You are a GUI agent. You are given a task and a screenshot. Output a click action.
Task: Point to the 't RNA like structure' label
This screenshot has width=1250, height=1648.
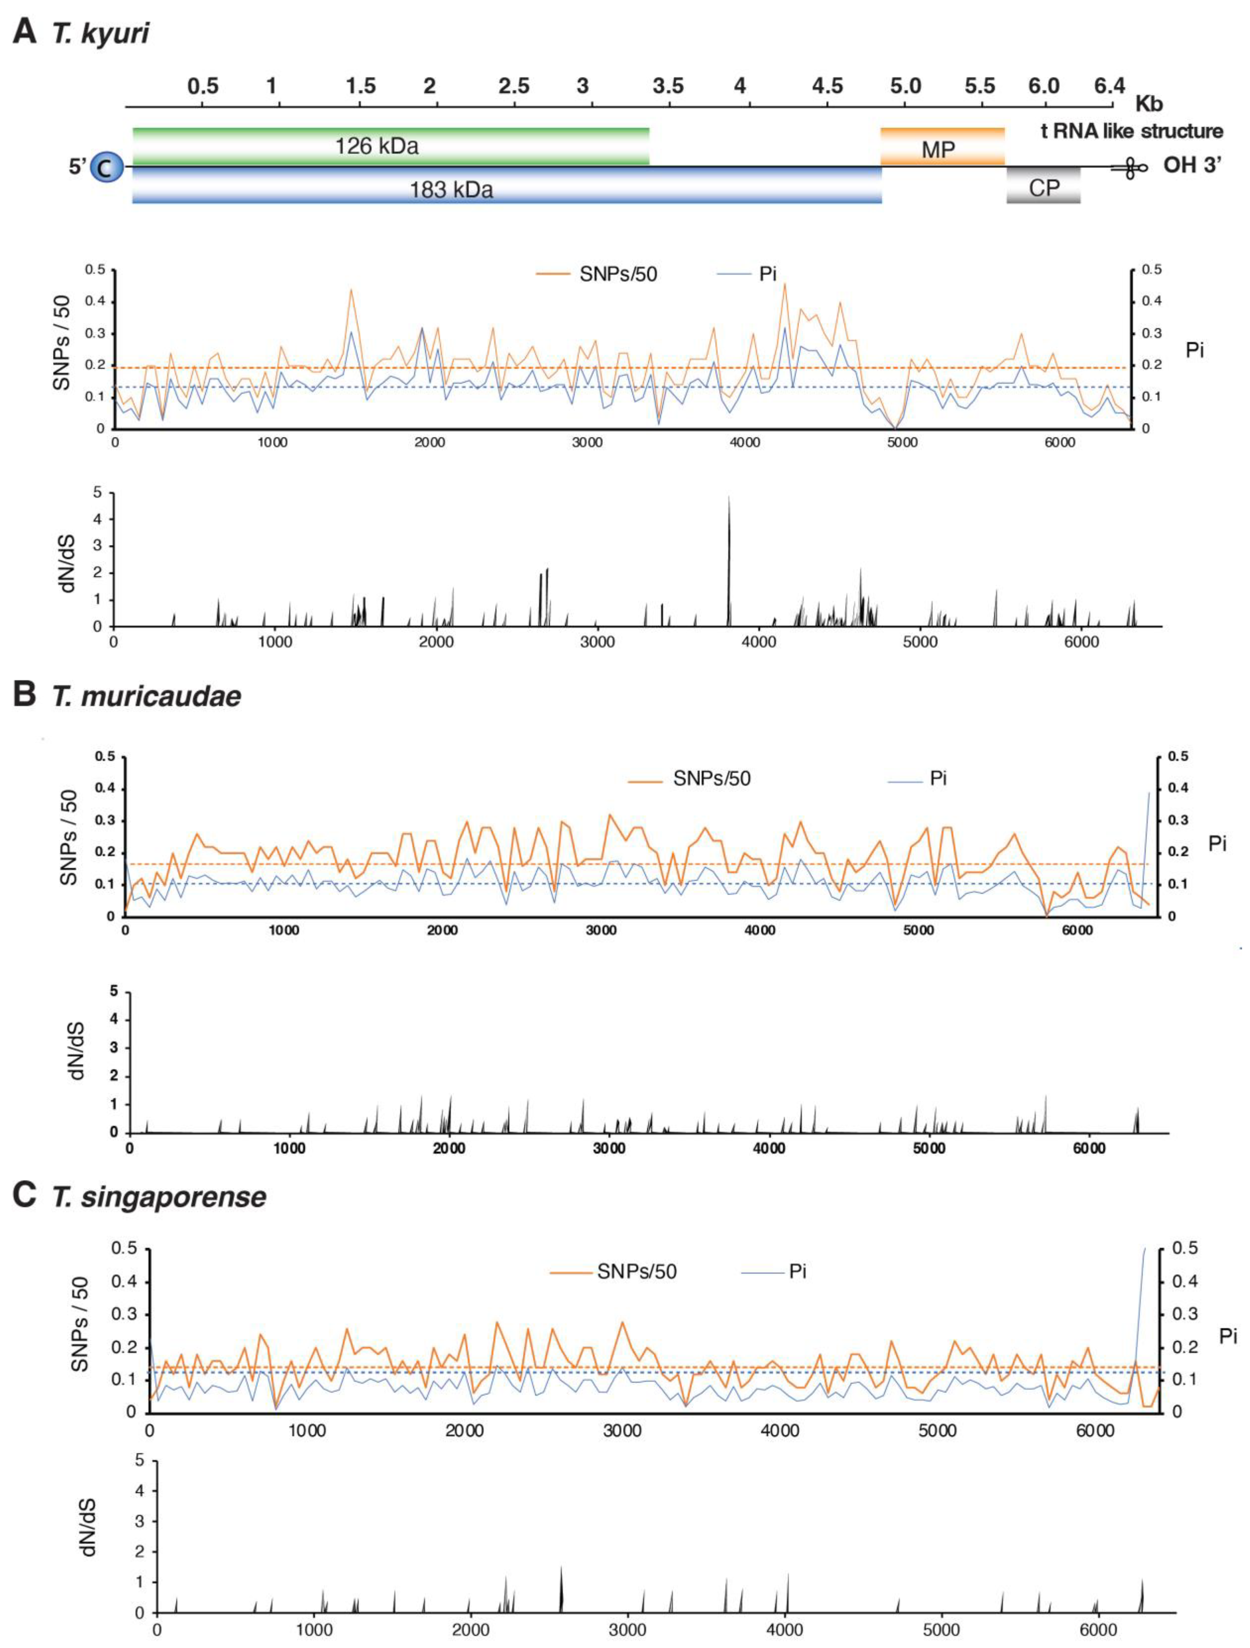(1131, 131)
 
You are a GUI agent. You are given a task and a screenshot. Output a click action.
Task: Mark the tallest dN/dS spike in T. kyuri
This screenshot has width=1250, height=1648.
(728, 498)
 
